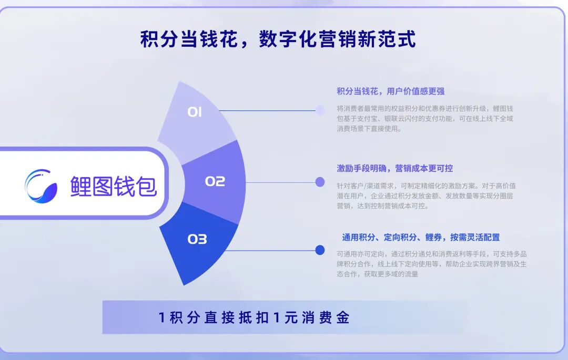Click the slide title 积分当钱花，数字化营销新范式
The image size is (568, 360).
click(278, 39)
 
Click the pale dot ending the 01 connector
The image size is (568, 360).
click(320, 110)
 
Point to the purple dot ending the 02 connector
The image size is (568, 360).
click(320, 182)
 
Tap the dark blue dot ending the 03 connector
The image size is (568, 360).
click(320, 250)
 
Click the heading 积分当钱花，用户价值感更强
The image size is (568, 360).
click(390, 91)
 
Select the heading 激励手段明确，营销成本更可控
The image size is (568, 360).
click(395, 168)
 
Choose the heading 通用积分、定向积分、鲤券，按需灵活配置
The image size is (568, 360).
click(421, 238)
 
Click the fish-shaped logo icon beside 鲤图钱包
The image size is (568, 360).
click(40, 186)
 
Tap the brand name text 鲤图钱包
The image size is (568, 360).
click(114, 187)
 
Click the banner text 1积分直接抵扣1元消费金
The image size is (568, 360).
click(254, 317)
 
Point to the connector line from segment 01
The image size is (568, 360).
click(267, 110)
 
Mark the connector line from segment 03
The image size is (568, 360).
click(270, 250)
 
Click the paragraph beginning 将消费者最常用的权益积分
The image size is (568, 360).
click(425, 118)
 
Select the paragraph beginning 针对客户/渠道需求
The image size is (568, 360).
click(427, 196)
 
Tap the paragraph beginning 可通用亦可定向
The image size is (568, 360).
click(431, 264)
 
